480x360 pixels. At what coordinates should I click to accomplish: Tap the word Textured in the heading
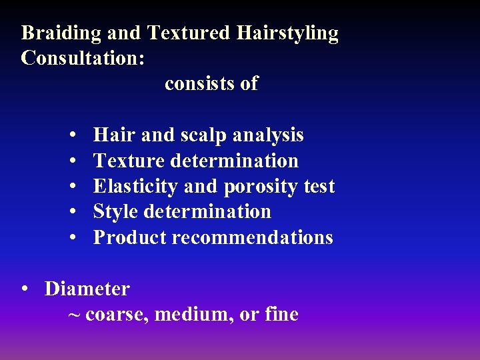(189, 33)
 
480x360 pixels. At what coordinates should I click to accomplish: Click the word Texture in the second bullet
(129, 161)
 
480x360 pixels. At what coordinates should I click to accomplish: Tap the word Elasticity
(135, 187)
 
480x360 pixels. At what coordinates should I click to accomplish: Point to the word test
(319, 187)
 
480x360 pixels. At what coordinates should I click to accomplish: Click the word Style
(116, 212)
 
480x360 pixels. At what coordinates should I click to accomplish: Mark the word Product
(129, 237)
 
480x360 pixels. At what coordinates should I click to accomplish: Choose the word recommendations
(253, 237)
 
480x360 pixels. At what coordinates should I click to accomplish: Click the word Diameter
(87, 289)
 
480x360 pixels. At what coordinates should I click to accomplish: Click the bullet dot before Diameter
(24, 289)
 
